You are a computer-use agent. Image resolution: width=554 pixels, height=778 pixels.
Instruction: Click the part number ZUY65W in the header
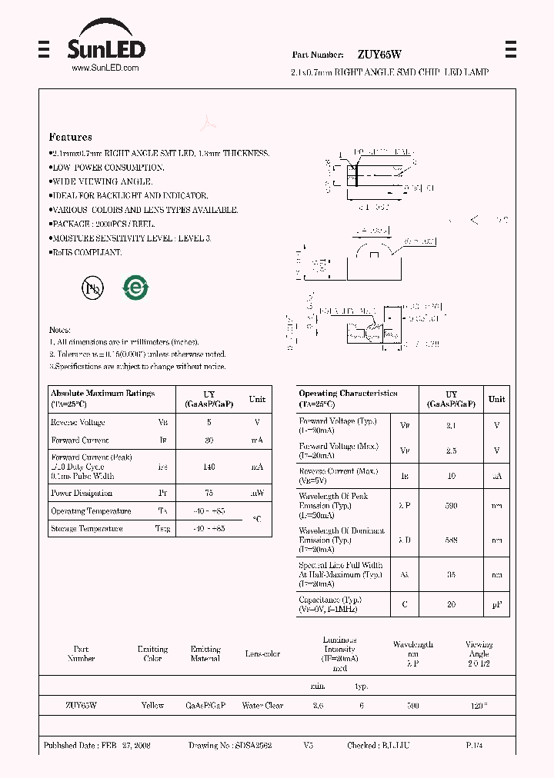379,55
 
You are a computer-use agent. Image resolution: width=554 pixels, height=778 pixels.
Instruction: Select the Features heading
70,137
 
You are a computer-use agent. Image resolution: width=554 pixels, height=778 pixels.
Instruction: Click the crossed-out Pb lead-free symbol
92,288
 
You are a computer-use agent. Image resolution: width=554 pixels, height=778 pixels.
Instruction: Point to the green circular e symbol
135,288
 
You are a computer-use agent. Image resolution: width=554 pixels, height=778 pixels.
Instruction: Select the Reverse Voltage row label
78,422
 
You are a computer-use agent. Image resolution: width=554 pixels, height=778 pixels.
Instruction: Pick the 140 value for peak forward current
209,467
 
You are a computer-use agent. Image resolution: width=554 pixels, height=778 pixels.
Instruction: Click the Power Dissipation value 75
209,493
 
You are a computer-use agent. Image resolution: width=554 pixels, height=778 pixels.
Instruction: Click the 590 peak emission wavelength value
451,506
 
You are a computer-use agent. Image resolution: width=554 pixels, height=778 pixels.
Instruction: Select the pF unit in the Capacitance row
497,604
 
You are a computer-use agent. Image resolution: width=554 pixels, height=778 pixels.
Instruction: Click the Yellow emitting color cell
152,705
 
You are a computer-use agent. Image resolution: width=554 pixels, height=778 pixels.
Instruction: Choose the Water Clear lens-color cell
262,705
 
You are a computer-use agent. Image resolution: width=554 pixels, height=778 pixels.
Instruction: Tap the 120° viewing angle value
479,705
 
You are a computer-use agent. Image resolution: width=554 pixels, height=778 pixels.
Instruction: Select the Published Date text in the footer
97,745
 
